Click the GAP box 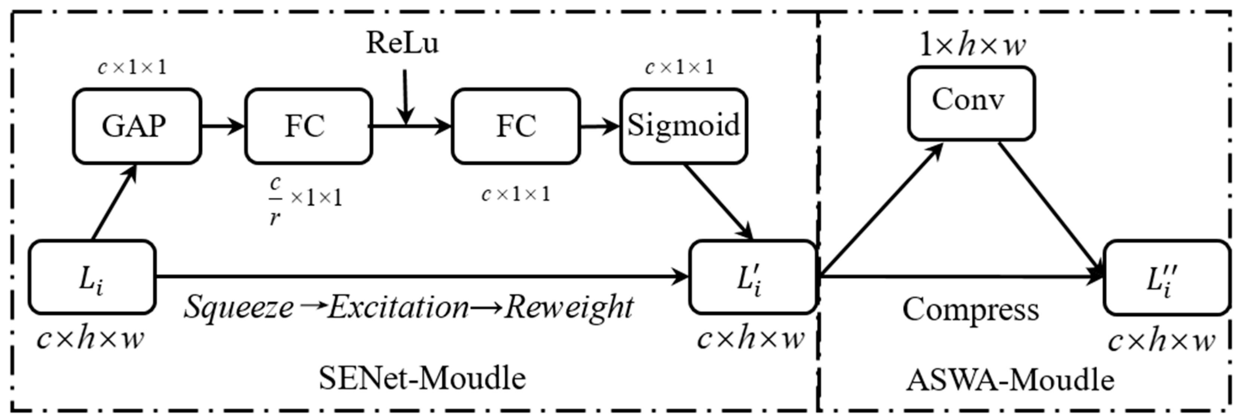click(137, 126)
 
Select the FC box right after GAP click(308, 126)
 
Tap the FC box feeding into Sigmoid click(515, 126)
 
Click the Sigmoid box click(684, 126)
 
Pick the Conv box click(971, 103)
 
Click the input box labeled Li click(92, 278)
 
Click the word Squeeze click(238, 307)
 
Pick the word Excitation click(398, 307)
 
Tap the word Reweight click(569, 307)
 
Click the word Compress click(970, 309)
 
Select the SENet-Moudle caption click(422, 378)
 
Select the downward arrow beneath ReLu click(406, 96)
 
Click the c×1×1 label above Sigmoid click(679, 67)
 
